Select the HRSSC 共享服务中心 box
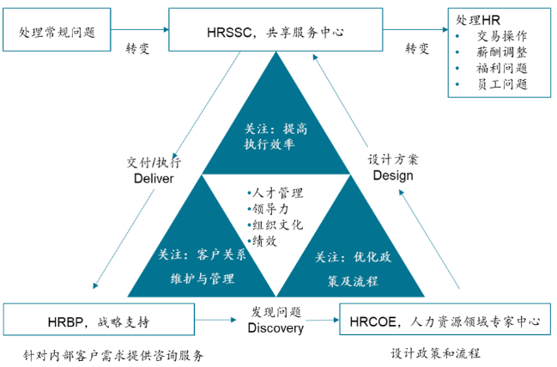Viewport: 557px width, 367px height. pos(274,33)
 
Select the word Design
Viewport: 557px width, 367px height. pos(392,175)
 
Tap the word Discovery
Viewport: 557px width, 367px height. pos(275,328)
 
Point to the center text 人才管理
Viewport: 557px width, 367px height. pos(277,193)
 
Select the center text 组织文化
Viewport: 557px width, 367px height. pos(277,225)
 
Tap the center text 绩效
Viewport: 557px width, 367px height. pos(264,242)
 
